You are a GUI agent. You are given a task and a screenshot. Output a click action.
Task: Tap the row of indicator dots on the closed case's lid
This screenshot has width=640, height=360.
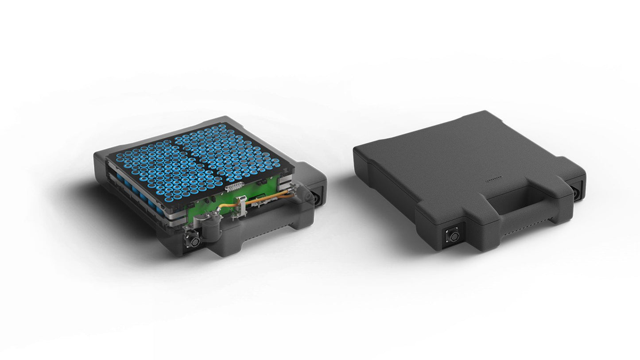coord(494,181)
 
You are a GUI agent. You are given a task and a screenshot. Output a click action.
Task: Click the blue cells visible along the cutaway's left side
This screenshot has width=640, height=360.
coord(133,189)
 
